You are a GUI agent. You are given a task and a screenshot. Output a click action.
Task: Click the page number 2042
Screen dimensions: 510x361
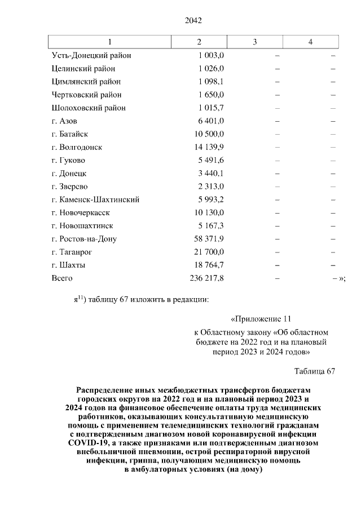click(x=193, y=21)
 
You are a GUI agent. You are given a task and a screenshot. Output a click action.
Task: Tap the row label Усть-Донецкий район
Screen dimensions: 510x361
click(x=91, y=56)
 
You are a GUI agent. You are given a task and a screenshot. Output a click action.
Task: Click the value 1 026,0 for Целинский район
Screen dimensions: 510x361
click(x=211, y=69)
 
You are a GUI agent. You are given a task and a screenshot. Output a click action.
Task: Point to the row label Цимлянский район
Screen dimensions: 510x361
click(x=86, y=82)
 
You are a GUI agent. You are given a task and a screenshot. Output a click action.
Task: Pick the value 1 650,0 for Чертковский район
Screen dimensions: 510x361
click(x=211, y=95)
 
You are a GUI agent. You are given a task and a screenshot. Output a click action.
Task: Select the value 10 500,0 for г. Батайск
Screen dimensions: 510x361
click(x=209, y=134)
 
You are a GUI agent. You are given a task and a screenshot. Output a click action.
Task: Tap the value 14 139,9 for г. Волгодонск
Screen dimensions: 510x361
click(x=209, y=147)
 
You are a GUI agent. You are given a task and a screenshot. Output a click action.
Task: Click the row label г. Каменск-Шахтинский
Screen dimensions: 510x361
click(x=95, y=199)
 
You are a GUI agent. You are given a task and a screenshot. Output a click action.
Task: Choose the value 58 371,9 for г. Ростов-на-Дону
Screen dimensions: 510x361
click(x=209, y=239)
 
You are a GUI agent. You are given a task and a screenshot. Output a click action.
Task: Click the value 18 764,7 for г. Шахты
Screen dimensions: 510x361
click(x=209, y=265)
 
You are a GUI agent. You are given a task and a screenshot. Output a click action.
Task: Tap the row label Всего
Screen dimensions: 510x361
click(x=62, y=278)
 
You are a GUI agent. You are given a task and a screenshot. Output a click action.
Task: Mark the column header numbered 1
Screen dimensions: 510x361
click(x=109, y=42)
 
